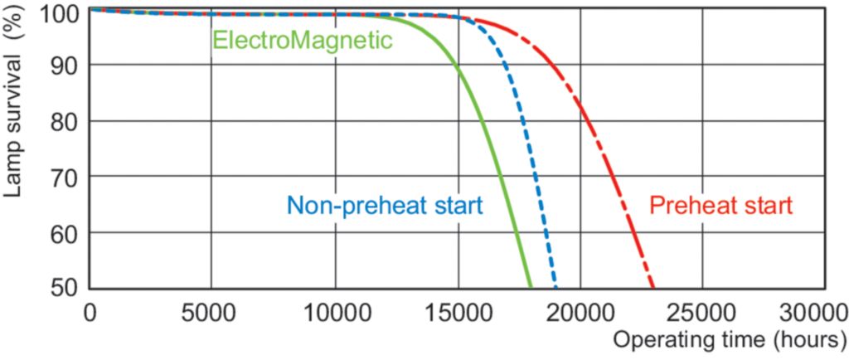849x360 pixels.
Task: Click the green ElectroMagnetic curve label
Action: pos(302,40)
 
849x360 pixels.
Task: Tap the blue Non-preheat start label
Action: pos(384,205)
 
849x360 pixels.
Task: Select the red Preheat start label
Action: pos(721,205)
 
